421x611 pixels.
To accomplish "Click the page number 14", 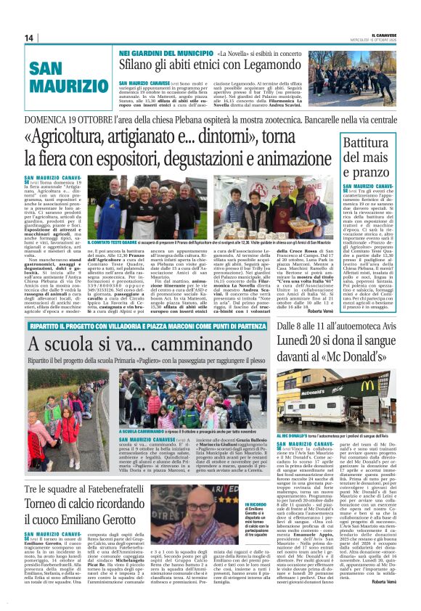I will click(x=28, y=38).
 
